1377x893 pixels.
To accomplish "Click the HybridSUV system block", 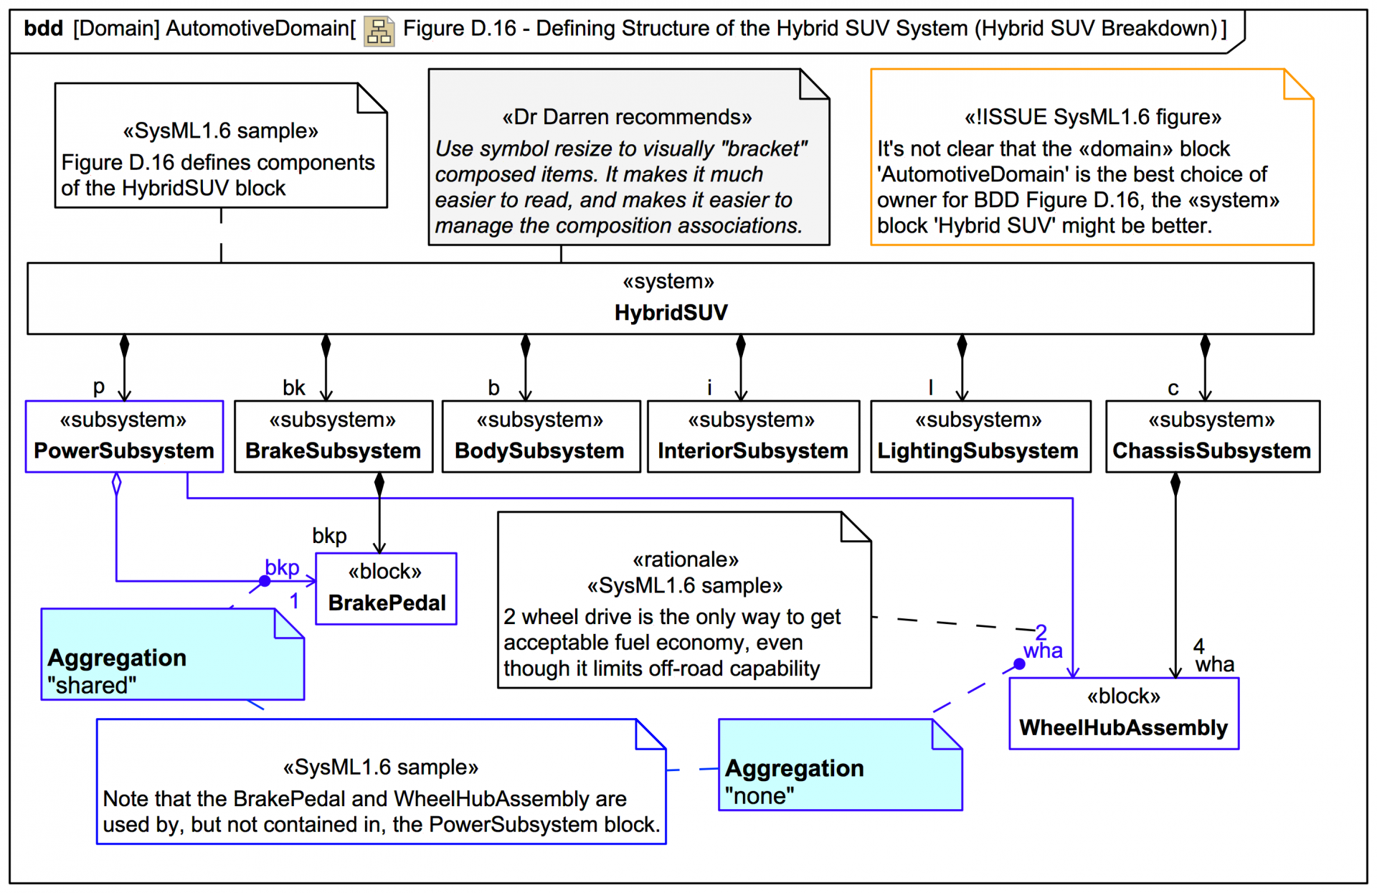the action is [670, 298].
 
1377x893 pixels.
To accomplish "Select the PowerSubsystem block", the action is [124, 436].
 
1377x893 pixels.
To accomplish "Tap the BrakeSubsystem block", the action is [333, 436].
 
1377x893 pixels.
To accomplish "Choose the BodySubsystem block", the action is [541, 436].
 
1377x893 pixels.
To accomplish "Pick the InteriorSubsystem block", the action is [753, 436].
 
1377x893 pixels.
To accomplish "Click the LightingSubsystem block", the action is [980, 436].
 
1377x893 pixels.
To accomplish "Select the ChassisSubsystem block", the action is [1212, 436].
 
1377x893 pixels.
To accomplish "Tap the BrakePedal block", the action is [386, 588].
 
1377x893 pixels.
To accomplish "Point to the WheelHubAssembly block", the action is [1124, 713].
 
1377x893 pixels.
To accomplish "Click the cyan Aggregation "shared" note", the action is [172, 654].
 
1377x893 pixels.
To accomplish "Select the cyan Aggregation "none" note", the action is [840, 765].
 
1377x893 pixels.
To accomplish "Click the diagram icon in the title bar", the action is [379, 31].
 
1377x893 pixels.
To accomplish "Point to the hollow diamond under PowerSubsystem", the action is [117, 483].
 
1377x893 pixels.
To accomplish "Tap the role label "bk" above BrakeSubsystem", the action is [294, 388].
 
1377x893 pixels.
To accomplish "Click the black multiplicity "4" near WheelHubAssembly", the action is [1198, 646].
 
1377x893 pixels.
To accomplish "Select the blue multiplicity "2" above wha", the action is [1041, 632].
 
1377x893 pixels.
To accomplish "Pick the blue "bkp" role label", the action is [282, 567].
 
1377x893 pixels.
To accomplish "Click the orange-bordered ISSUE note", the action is [1092, 157].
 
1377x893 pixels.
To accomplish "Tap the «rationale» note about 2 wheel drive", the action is [684, 600].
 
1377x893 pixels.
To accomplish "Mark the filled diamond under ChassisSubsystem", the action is [1175, 484].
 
